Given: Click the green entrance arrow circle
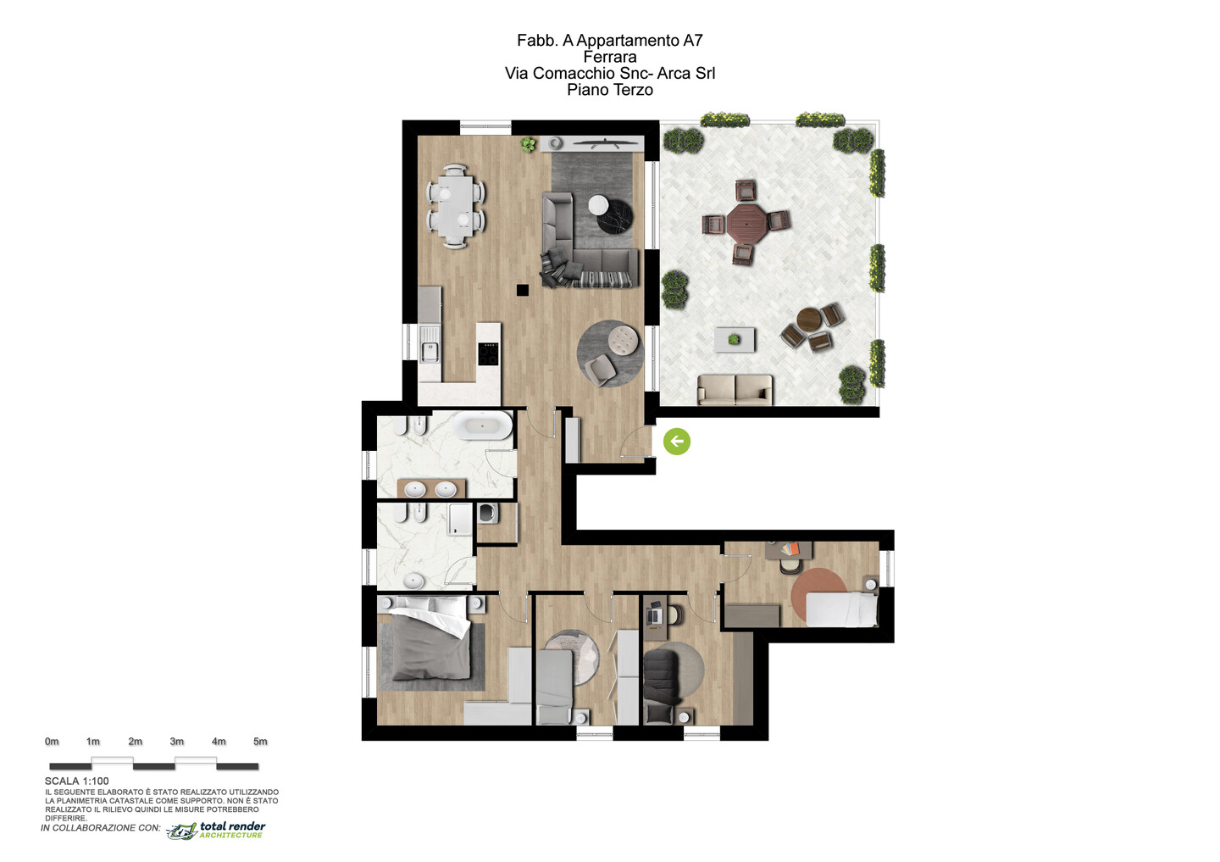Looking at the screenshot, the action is point(676,442).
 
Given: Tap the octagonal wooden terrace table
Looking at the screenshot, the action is point(746,222).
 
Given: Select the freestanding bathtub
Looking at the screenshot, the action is point(483,425).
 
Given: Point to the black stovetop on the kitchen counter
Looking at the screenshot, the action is point(488,353).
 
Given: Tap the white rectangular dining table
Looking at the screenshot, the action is point(457,207).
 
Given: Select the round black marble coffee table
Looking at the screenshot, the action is point(615,216).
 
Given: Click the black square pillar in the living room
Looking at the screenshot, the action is point(522,291).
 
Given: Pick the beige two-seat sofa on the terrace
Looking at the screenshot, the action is point(735,390).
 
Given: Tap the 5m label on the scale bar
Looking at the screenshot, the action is point(260,742).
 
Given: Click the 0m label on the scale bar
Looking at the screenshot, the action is point(52,742).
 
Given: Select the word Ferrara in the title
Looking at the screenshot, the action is point(610,57).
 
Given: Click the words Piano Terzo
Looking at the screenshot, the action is point(610,89).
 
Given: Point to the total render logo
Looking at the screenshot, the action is point(216,830).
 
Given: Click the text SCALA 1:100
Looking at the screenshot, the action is point(77,781).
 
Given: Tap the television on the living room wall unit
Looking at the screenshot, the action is point(607,144).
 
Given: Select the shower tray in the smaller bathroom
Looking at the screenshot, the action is point(460,520).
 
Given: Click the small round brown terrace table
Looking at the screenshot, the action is point(810,320).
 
